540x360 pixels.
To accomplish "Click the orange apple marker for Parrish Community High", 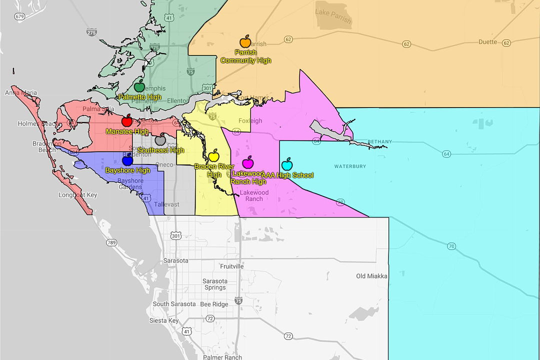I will [245, 42].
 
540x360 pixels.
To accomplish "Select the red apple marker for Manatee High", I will [127, 120].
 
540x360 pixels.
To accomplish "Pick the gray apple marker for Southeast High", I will [160, 140].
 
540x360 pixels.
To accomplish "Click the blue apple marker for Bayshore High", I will [127, 160].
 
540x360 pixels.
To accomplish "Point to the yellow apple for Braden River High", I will [214, 155].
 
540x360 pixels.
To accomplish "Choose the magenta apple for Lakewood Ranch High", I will [247, 162].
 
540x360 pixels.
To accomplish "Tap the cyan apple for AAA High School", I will [287, 164].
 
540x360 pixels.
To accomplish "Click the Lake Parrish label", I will [333, 14].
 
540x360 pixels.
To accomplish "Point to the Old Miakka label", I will [371, 276].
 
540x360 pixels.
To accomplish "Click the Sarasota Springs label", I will [215, 284].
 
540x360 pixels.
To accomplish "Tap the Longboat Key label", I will [77, 195].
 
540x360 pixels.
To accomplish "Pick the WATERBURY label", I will [350, 166].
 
